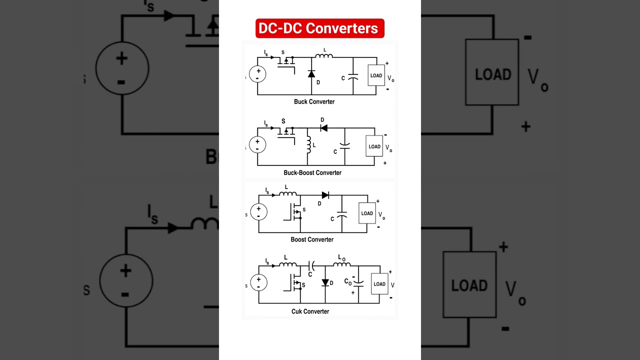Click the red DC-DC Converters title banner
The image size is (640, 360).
click(x=320, y=28)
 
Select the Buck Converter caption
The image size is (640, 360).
click(x=314, y=101)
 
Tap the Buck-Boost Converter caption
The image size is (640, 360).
click(x=312, y=172)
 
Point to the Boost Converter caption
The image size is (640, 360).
click(x=312, y=239)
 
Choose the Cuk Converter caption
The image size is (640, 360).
click(x=310, y=311)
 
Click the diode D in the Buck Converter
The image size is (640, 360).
click(x=311, y=74)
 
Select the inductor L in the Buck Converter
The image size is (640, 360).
click(x=324, y=56)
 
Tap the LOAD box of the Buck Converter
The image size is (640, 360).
click(x=376, y=75)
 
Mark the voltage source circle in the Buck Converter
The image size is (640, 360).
click(x=257, y=74)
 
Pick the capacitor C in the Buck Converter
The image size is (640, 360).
click(x=353, y=77)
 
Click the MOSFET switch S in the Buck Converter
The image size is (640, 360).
click(x=286, y=61)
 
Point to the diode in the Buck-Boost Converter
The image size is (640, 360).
click(x=323, y=128)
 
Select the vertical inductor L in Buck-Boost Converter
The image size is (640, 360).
click(x=308, y=144)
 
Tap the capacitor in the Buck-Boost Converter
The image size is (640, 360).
click(x=344, y=146)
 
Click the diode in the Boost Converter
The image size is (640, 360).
click(x=325, y=195)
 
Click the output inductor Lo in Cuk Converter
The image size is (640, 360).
click(x=342, y=264)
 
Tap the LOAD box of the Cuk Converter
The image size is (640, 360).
click(x=379, y=284)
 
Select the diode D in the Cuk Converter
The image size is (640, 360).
click(x=325, y=282)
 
